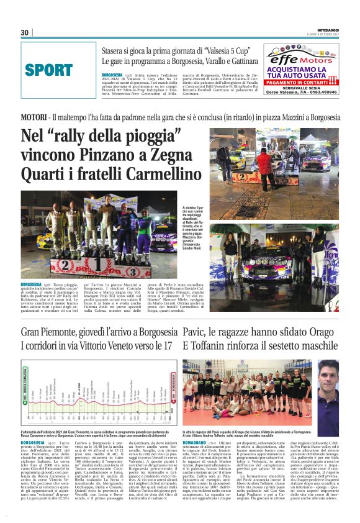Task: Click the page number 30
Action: [x=25, y=32]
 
